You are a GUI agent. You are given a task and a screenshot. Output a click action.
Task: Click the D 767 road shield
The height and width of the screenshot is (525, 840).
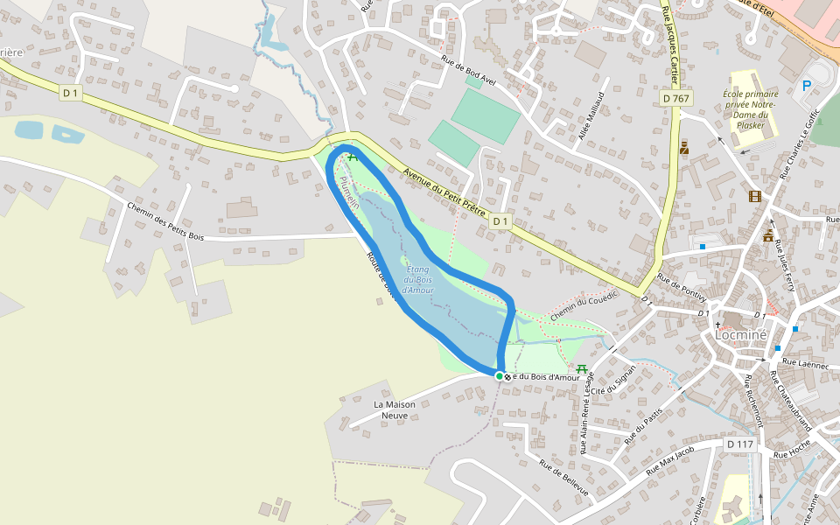click(676, 99)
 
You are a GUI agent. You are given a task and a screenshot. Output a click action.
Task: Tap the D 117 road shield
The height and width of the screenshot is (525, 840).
click(739, 444)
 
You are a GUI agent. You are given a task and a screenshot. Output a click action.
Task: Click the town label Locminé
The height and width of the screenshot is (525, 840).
click(740, 333)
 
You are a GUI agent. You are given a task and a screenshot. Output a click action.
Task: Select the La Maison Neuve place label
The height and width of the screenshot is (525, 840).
click(395, 409)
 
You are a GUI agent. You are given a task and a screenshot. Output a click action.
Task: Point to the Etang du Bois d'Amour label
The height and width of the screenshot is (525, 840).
click(419, 279)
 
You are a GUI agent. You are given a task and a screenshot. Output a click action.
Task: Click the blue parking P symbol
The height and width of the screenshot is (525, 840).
click(806, 86)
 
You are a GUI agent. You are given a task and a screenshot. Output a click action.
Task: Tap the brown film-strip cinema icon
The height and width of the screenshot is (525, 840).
click(754, 196)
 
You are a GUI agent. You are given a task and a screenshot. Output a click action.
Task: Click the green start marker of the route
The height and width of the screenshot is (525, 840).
click(499, 376)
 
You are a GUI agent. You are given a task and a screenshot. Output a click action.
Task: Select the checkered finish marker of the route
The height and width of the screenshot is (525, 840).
click(507, 376)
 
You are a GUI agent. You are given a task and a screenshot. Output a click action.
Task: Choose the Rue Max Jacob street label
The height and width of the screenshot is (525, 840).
click(669, 461)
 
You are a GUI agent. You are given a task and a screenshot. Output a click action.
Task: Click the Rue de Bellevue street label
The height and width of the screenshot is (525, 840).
click(563, 477)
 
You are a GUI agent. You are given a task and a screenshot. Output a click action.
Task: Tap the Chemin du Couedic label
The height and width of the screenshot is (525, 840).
click(584, 304)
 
